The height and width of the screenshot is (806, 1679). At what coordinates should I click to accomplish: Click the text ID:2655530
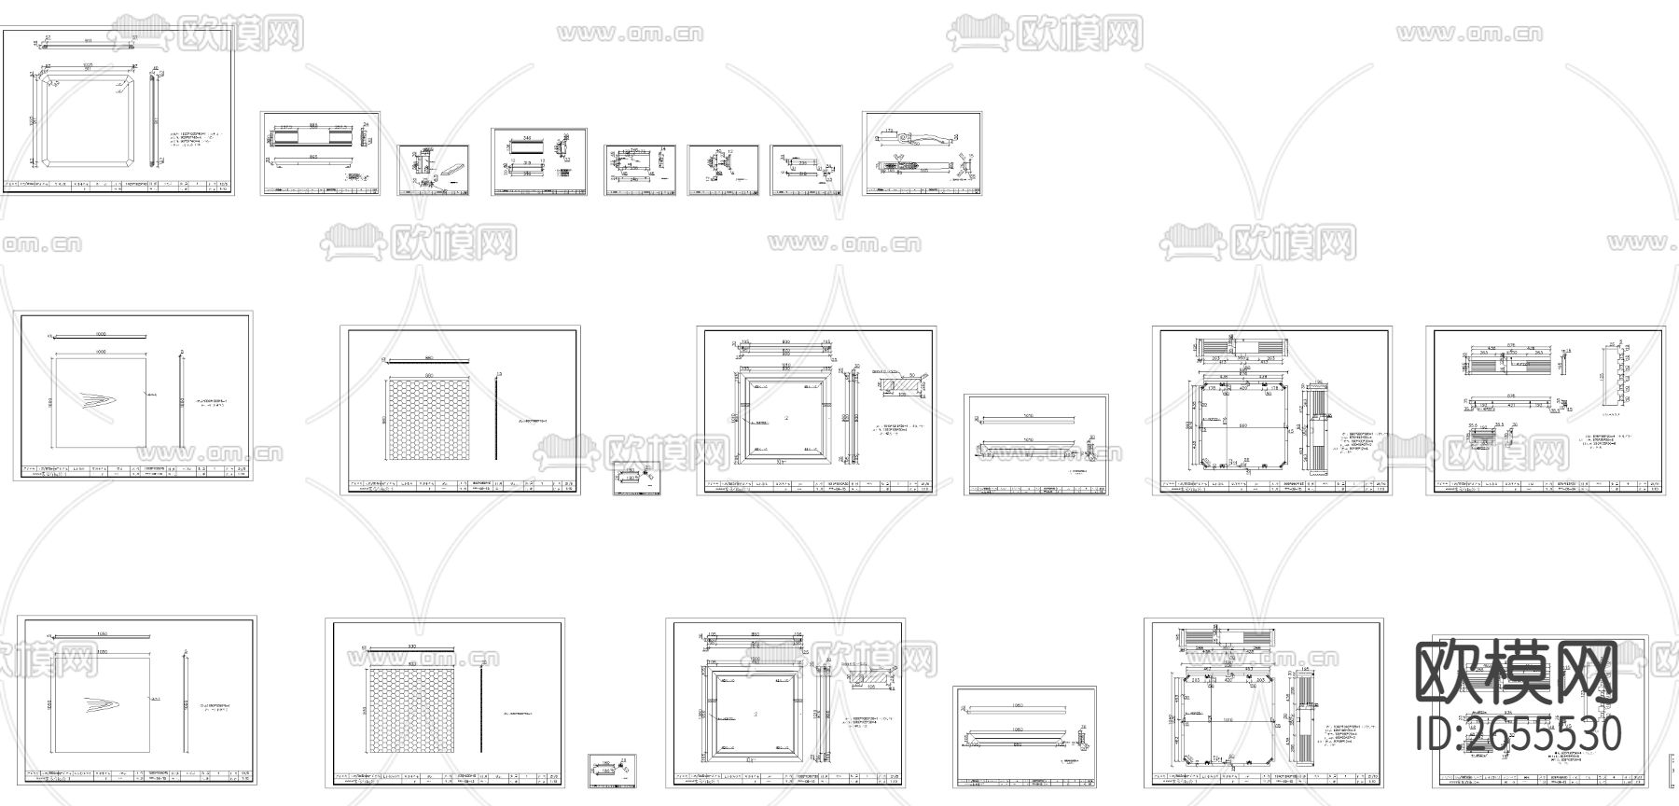click(x=1519, y=735)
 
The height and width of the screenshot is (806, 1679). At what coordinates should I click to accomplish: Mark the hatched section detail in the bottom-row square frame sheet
click(x=872, y=679)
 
